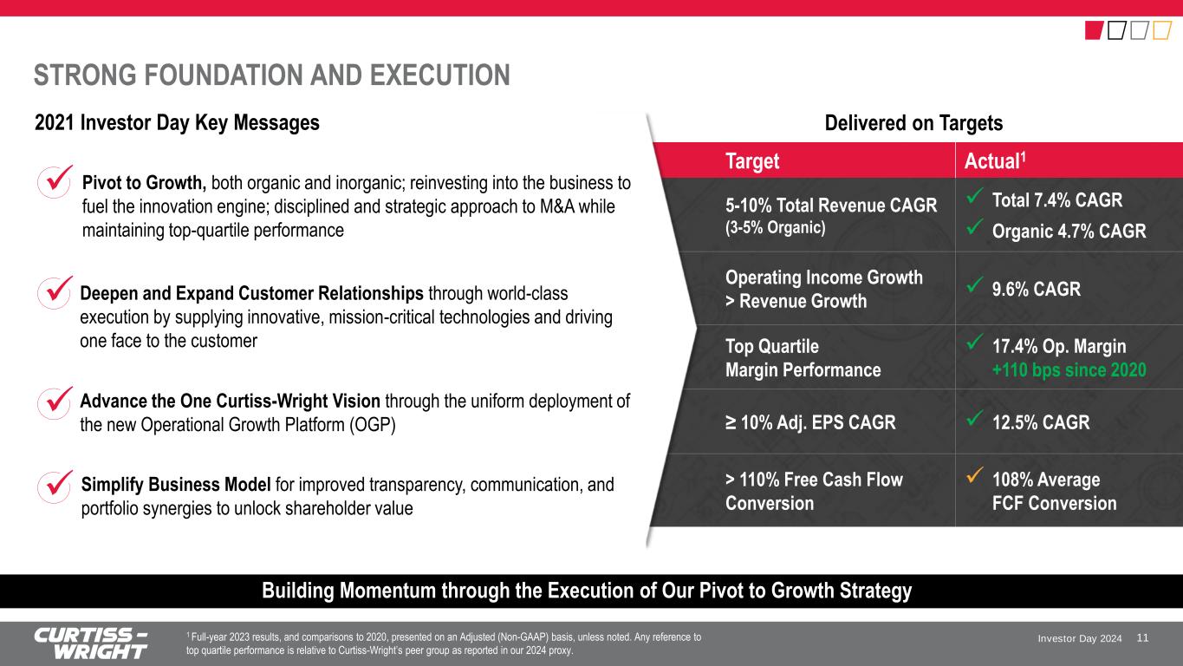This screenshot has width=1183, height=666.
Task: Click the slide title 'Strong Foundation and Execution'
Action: coord(272,75)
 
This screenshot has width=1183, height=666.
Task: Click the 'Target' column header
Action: coord(752,160)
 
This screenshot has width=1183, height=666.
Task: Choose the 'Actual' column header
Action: coord(994,160)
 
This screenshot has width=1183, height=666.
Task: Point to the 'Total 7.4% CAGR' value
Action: coord(1056,200)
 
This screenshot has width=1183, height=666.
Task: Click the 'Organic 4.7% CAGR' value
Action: coord(1069,231)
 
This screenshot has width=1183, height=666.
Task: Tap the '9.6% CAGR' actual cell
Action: coord(1037,289)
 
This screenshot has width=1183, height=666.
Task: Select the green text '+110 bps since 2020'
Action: coord(1069,370)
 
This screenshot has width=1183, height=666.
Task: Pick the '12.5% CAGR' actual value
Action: coord(1040,422)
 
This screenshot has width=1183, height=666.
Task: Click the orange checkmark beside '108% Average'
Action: coord(974,475)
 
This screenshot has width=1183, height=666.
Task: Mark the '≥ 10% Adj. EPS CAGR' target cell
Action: coord(810,422)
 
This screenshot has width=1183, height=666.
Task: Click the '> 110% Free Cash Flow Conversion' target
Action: coord(814,491)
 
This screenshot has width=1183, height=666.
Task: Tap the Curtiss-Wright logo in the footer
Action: coord(91,643)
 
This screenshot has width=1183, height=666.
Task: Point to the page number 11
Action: coord(1142,638)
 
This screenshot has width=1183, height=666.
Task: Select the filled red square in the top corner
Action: coord(1094,30)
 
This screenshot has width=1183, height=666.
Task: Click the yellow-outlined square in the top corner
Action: coord(1162,30)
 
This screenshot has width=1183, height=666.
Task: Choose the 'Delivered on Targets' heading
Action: coord(913,123)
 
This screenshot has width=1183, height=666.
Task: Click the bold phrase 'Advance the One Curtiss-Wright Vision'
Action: coord(230,402)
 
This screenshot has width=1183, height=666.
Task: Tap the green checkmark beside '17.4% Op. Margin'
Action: coord(974,342)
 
